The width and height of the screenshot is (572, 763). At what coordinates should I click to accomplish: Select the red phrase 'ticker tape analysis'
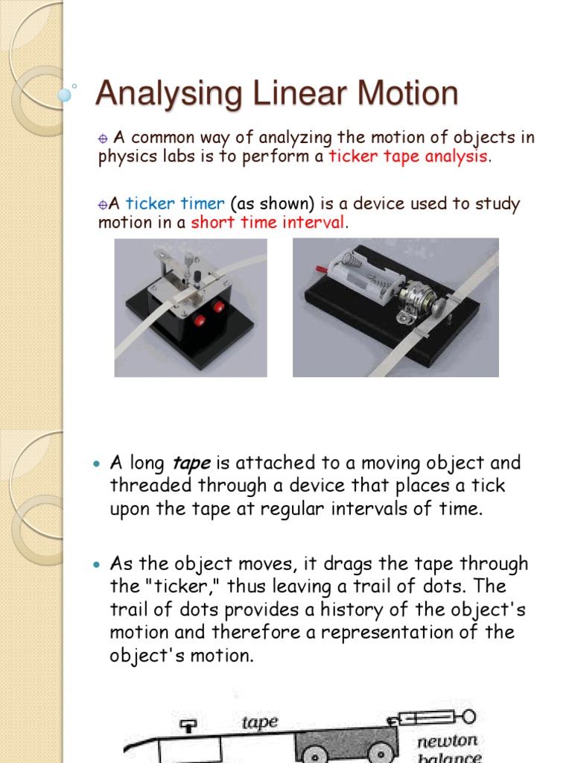pos(408,156)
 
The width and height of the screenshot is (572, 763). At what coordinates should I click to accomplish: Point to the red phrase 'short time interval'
pos(268,223)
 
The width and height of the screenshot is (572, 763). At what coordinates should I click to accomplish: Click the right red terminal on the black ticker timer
pos(219,307)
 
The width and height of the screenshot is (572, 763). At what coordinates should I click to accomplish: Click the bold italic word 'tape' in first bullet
pos(191,463)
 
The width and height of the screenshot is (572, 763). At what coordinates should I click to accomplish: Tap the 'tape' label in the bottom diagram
pos(259,722)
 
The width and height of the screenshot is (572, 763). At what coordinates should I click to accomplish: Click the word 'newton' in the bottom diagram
pos(448,742)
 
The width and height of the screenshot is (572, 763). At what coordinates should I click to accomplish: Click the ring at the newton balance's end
pos(468,718)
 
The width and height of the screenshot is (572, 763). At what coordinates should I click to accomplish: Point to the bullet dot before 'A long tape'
pos(95,463)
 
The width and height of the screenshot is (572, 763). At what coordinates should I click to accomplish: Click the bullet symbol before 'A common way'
pos(104,139)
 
